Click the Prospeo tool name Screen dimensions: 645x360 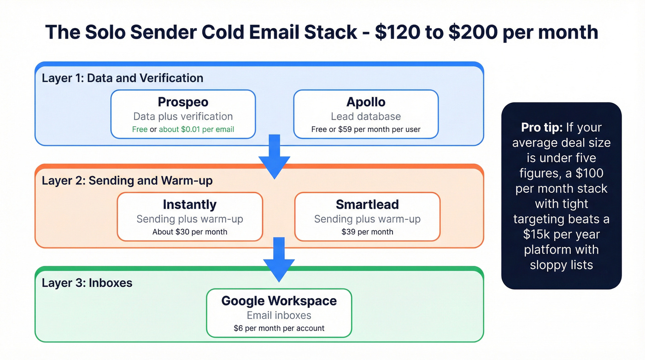tap(183, 102)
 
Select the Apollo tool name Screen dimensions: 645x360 tap(366, 102)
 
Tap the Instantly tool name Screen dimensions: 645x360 tap(189, 205)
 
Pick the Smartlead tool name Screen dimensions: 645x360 tap(367, 205)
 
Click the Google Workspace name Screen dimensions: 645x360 tap(279, 301)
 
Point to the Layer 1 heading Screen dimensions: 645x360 tap(123, 78)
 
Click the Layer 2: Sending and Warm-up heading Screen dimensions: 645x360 tap(127, 180)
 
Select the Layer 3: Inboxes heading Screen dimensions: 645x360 tap(87, 283)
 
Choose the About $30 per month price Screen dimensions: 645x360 tap(190, 232)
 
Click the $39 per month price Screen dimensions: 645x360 tap(367, 232)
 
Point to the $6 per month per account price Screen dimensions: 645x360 tap(279, 328)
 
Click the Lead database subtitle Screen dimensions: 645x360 tap(366, 117)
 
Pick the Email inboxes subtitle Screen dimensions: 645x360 tap(279, 315)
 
